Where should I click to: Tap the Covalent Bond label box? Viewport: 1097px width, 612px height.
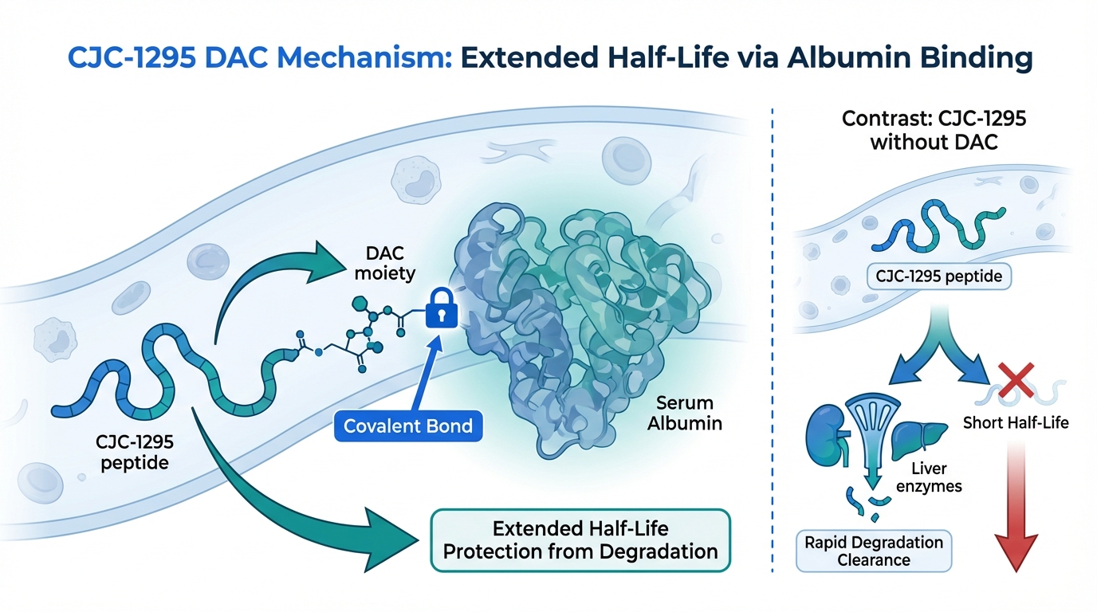coord(408,426)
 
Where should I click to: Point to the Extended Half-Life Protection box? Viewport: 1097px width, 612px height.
coord(580,539)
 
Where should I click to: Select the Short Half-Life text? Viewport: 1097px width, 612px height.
coord(1016,422)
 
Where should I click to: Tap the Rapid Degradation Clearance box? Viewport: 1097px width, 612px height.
coord(874,550)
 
